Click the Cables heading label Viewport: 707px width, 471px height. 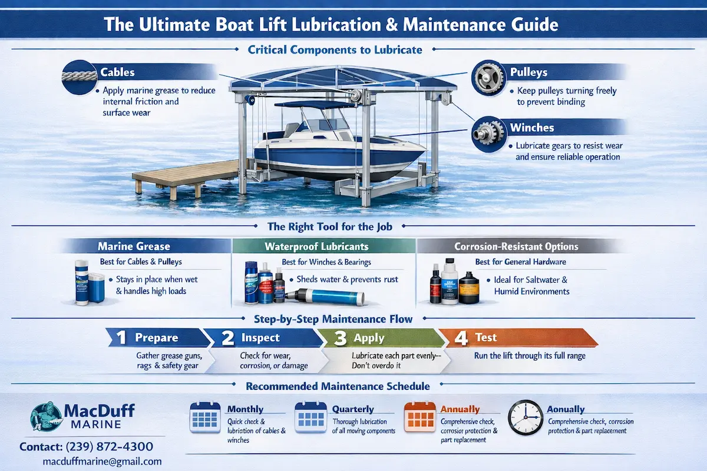click(118, 72)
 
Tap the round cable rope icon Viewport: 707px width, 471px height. click(78, 77)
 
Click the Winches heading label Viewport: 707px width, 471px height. click(531, 127)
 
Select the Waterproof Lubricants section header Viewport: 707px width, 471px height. click(325, 246)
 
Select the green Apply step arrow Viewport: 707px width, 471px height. click(377, 338)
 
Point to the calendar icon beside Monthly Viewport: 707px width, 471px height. click(204, 419)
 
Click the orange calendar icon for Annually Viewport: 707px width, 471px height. click(419, 419)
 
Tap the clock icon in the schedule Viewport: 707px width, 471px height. click(524, 419)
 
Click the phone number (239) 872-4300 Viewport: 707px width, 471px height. click(86, 446)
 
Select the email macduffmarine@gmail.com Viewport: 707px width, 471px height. click(102, 462)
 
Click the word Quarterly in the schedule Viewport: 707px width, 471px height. click(352, 409)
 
